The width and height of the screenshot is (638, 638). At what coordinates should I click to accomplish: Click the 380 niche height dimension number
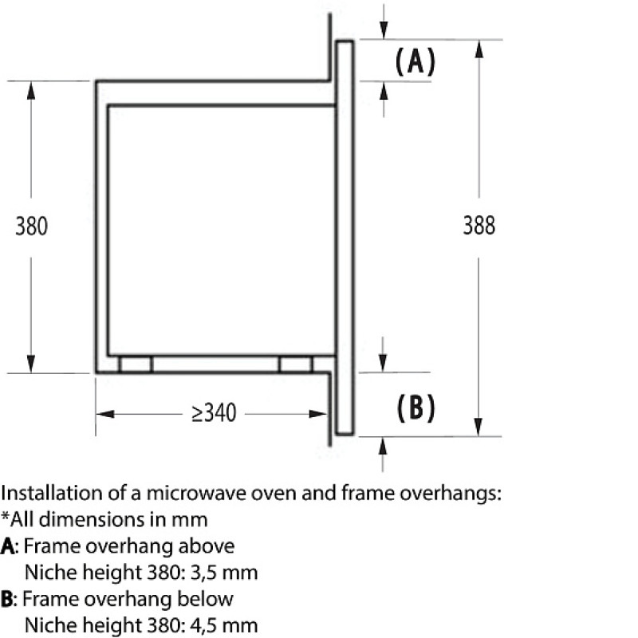coord(31,226)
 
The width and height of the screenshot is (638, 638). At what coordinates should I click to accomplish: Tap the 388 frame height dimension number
coord(479,226)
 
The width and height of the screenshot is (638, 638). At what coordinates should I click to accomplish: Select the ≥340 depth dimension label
coord(214,413)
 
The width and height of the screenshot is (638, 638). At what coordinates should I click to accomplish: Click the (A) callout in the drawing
coord(415,61)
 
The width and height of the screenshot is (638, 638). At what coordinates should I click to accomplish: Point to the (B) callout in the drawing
coord(415,408)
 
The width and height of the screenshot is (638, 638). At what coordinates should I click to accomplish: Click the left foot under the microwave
coord(136,364)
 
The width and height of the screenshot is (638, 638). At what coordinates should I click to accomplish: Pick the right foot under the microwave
coord(296,364)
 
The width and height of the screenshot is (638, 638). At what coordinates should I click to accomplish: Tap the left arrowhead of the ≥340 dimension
coord(105,414)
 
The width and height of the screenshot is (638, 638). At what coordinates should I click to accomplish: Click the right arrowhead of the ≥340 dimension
coord(318,414)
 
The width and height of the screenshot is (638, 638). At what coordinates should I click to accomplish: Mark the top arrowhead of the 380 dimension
coord(31,90)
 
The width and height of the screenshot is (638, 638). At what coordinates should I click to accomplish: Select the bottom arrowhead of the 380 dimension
coord(31,364)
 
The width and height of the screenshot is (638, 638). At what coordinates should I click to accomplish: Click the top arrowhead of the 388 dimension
coord(479,49)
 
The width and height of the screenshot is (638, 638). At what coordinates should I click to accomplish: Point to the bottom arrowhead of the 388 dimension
coord(479,427)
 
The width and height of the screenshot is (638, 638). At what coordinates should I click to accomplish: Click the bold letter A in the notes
coord(8,546)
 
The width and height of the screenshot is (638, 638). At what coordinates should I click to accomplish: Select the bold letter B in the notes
coord(6,599)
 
